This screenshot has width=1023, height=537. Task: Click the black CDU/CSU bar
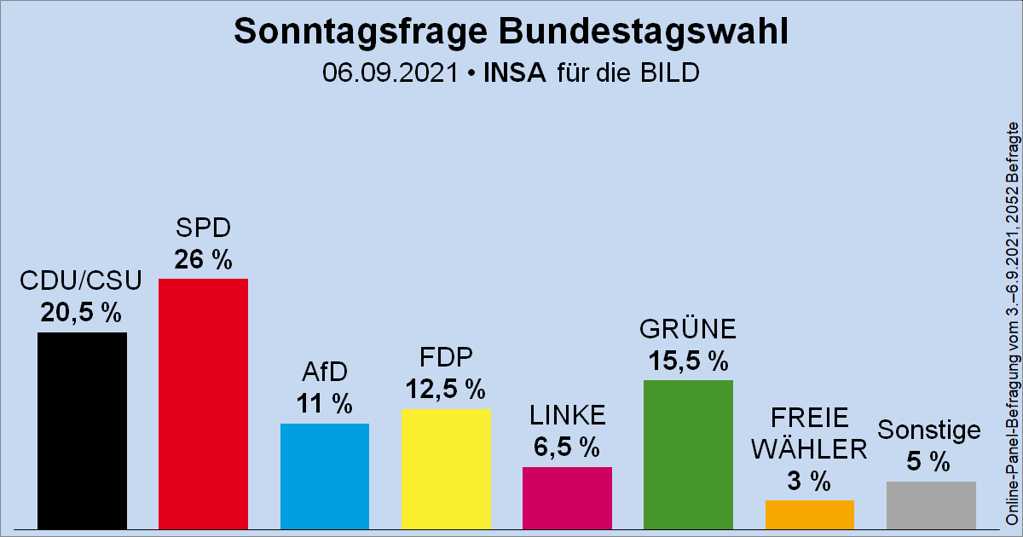coord(82,430)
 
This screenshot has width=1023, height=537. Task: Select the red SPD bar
coord(203,403)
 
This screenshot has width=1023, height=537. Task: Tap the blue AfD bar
coord(324,476)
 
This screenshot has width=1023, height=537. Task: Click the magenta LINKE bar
coord(567,498)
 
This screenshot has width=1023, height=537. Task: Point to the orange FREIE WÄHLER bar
coord(809,514)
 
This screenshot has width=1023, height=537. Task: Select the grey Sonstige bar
coord(931,505)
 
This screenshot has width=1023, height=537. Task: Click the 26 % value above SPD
coord(203,260)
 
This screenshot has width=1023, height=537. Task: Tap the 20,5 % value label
coord(81,314)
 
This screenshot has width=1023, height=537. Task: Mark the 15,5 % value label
coord(688,361)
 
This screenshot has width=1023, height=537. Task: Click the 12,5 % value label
coord(445,390)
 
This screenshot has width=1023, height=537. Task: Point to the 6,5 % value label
coord(567,447)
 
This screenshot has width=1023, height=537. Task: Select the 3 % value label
coord(809,481)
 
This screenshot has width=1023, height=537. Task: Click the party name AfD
coord(324,372)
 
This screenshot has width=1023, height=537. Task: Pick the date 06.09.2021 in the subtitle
coord(391,72)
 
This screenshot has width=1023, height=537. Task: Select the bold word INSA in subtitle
coord(514,72)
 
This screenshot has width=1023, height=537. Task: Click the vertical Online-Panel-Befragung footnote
coord(1011,324)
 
